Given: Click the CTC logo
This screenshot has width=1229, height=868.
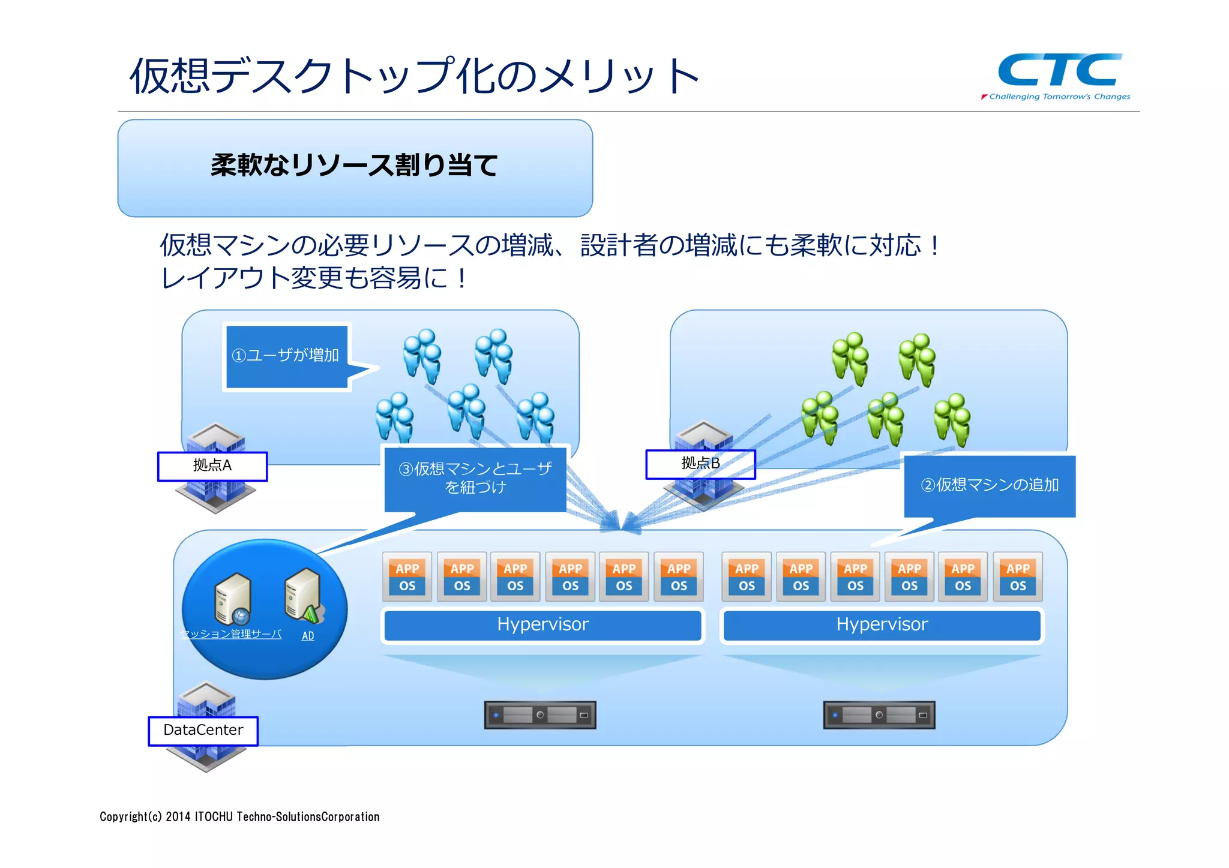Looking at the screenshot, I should pyautogui.click(x=1059, y=70).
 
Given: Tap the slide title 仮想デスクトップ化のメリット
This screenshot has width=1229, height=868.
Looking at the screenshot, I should pyautogui.click(x=414, y=76).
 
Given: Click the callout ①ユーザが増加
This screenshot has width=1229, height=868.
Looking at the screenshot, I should pyautogui.click(x=286, y=356).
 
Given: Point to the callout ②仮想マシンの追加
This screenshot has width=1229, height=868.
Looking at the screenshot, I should pyautogui.click(x=990, y=485).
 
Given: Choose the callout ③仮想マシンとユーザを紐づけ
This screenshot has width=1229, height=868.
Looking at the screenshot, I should pyautogui.click(x=475, y=478).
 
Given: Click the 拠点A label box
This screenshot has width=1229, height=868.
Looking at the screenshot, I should pyautogui.click(x=212, y=466).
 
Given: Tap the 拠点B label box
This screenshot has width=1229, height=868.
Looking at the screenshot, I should pyautogui.click(x=700, y=464).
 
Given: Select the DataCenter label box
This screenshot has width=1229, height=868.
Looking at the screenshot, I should pyautogui.click(x=203, y=731).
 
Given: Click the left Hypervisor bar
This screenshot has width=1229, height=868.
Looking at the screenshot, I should pyautogui.click(x=542, y=625).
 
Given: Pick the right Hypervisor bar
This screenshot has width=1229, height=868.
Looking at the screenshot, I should pyautogui.click(x=882, y=625).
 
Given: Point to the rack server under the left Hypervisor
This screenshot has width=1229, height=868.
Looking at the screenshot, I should pyautogui.click(x=540, y=715).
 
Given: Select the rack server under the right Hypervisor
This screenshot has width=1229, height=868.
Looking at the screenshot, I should pyautogui.click(x=879, y=715).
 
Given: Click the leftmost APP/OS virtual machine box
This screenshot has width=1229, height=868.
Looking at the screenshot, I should pyautogui.click(x=407, y=577).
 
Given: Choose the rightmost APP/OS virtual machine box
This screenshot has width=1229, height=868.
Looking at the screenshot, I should pyautogui.click(x=1018, y=577).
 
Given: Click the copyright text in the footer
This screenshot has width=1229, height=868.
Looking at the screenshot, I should pyautogui.click(x=239, y=817).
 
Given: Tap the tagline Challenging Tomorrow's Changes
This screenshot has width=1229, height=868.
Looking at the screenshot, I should pyautogui.click(x=1059, y=97).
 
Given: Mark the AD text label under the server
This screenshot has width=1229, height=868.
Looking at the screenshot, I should pyautogui.click(x=308, y=636).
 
